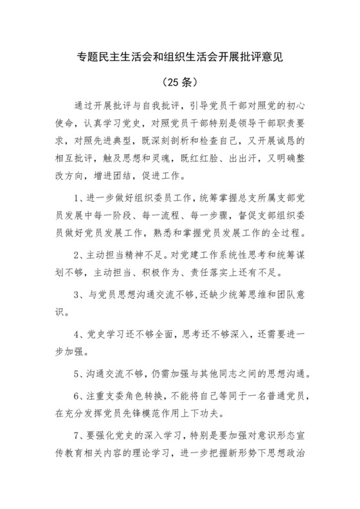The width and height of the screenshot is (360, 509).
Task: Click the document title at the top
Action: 180,57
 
